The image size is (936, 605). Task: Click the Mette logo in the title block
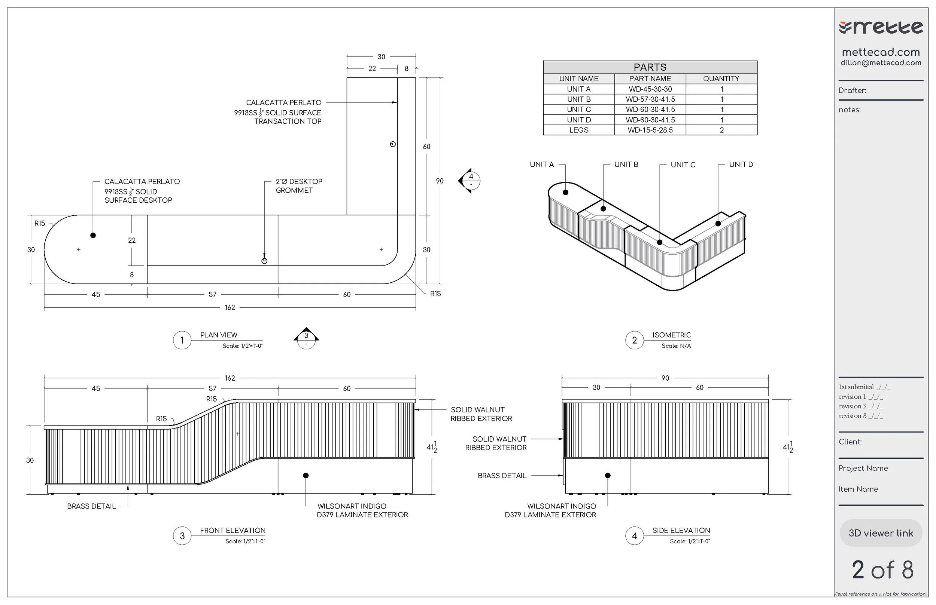(881, 28)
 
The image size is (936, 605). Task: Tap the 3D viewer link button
(881, 533)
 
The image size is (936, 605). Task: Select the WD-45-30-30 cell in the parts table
(650, 89)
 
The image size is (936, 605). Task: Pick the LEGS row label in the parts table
(579, 130)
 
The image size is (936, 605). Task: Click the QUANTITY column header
(721, 79)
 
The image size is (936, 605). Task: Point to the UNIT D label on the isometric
(741, 165)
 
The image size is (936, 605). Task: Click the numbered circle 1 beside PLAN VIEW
(182, 340)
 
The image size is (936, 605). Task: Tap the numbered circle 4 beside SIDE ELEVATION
(634, 536)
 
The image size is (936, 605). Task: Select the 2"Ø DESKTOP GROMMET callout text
(298, 186)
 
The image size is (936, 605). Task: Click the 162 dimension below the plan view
(230, 308)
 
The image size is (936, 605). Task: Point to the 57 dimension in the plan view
(212, 295)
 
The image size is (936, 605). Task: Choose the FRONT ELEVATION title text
(233, 531)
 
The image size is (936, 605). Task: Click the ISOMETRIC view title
(671, 335)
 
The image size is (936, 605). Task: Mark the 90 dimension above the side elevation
(665, 378)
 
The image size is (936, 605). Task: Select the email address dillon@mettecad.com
(881, 63)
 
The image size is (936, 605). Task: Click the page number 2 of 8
(882, 570)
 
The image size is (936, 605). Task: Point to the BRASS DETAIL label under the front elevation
(92, 506)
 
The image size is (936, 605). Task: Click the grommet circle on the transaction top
(392, 144)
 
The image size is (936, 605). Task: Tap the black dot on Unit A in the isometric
(566, 193)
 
